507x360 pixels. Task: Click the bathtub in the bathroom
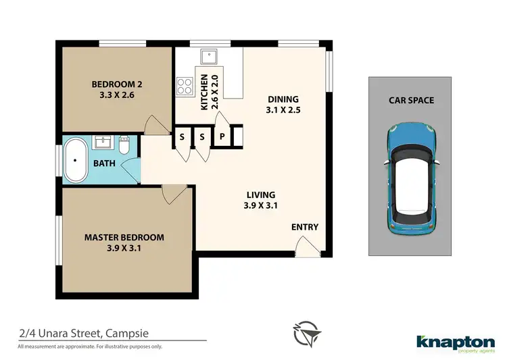tap(76, 160)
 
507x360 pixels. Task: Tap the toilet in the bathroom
tap(124, 145)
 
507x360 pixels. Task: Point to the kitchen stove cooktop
tap(184, 86)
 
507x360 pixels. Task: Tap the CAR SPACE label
tap(411, 101)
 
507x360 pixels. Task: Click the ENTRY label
tap(304, 228)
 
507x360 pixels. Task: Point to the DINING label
tap(282, 99)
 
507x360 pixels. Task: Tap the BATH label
tap(104, 163)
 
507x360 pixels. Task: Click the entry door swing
tap(308, 249)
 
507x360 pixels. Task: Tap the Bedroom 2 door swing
tap(155, 125)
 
